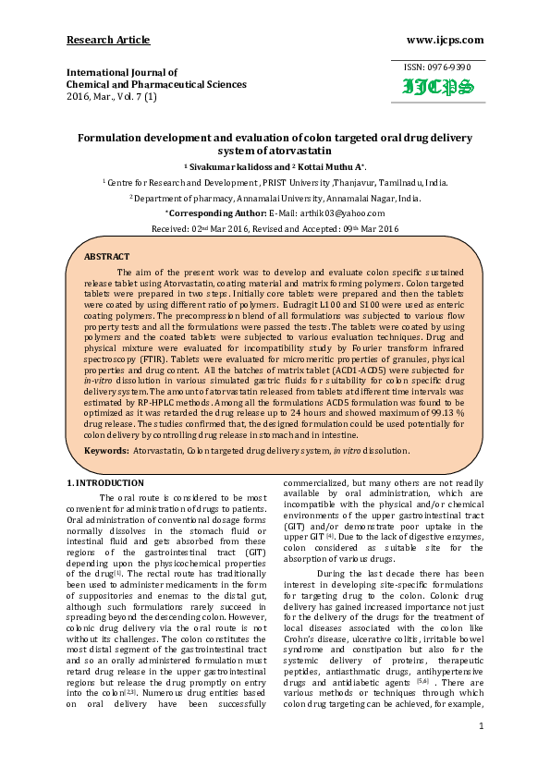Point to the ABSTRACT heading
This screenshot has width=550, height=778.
[107, 256]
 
